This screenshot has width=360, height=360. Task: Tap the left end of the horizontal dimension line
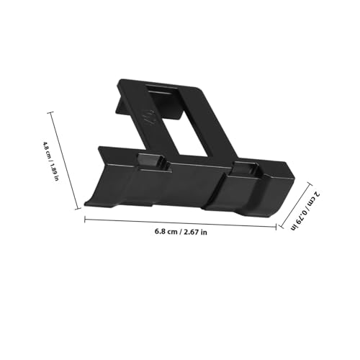pos(85,218)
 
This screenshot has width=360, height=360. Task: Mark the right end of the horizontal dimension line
pos(276,225)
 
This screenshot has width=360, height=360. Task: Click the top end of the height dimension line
pos(50,111)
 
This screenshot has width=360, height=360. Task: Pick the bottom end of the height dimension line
pos(79,210)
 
